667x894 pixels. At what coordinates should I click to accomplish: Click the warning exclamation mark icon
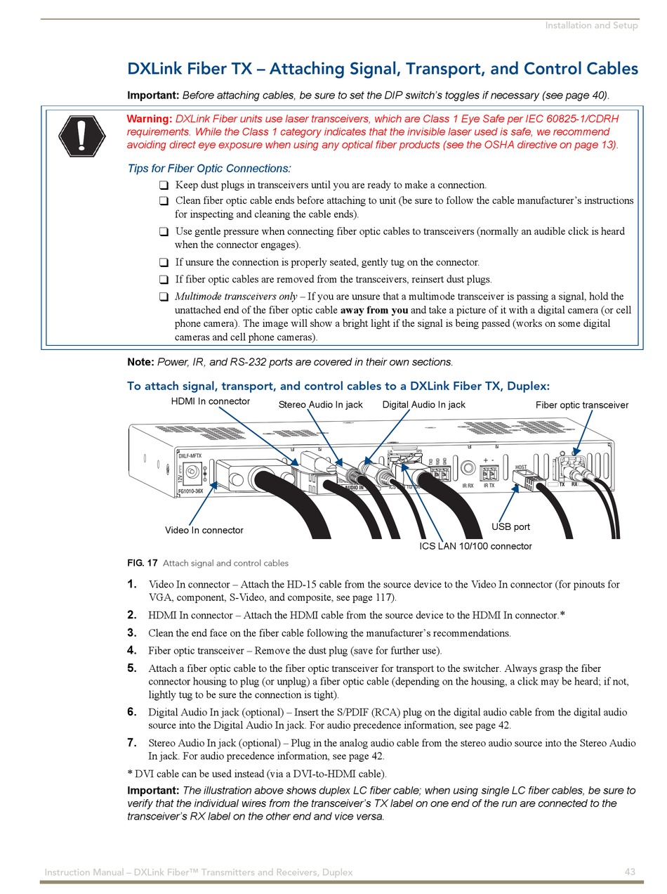point(81,134)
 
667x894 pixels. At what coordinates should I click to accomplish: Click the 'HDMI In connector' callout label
point(211,401)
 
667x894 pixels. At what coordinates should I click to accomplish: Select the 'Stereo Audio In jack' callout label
point(321,404)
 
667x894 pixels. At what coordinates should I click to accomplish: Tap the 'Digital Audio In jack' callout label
point(423,404)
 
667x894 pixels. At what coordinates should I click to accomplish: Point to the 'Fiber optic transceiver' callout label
point(582,405)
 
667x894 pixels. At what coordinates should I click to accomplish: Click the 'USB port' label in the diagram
point(510,526)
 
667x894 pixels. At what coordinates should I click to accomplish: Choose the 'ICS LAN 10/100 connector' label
point(475,546)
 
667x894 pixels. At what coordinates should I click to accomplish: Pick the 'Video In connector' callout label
point(204,530)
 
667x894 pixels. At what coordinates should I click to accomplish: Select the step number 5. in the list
point(132,668)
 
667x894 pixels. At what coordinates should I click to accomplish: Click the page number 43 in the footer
point(630,872)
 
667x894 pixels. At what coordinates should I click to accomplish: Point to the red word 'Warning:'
point(149,119)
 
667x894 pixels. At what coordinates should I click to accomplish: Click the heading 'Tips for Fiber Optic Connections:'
point(209,169)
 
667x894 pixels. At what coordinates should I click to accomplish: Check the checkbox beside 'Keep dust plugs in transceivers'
point(163,186)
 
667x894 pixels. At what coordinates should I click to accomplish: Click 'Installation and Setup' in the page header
point(591,25)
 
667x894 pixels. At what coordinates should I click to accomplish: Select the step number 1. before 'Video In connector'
point(132,584)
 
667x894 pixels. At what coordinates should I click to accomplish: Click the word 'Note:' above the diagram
point(140,362)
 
